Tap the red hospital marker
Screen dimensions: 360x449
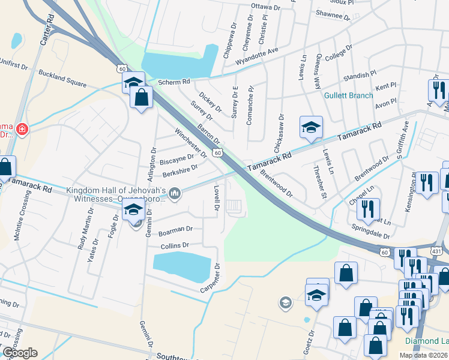click(x=22, y=129)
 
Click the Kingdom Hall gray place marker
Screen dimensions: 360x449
click(x=175, y=193)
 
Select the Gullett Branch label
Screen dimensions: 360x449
click(x=349, y=95)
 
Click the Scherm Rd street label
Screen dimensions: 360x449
click(x=173, y=82)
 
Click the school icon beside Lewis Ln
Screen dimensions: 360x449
click(x=312, y=127)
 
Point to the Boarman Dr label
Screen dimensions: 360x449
click(x=175, y=229)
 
